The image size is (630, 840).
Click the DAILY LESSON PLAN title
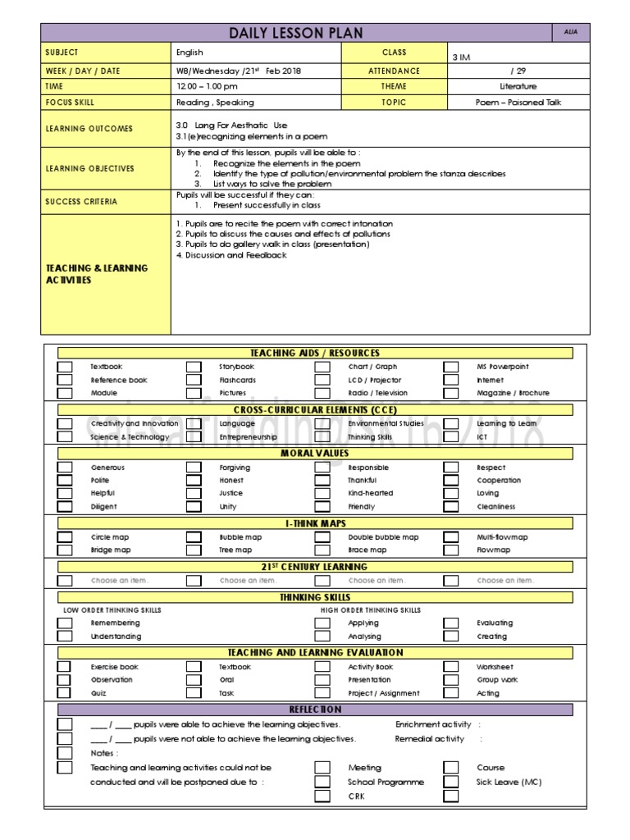click(x=296, y=33)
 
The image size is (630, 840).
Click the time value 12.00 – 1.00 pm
click(x=207, y=86)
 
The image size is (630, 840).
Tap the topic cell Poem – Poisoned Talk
click(x=518, y=103)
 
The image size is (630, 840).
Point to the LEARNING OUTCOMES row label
click(x=89, y=129)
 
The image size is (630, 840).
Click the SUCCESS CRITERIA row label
click(x=81, y=201)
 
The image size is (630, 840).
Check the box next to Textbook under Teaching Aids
click(x=65, y=367)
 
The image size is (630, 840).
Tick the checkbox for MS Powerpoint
click(x=451, y=367)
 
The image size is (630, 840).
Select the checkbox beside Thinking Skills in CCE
click(x=322, y=437)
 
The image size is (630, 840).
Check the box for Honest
click(x=194, y=481)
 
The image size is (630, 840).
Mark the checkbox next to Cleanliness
click(x=451, y=507)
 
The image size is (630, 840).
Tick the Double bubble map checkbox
click(x=322, y=537)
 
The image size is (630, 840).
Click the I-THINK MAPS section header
click(x=315, y=523)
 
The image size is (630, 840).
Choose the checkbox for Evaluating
click(x=451, y=623)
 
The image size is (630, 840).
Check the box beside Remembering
click(x=65, y=623)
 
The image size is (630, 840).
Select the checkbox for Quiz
click(x=65, y=693)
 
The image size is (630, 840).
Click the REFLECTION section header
click(x=315, y=710)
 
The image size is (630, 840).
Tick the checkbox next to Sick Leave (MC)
click(x=451, y=782)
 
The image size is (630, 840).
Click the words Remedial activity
click(x=429, y=739)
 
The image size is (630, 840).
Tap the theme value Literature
click(x=518, y=86)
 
